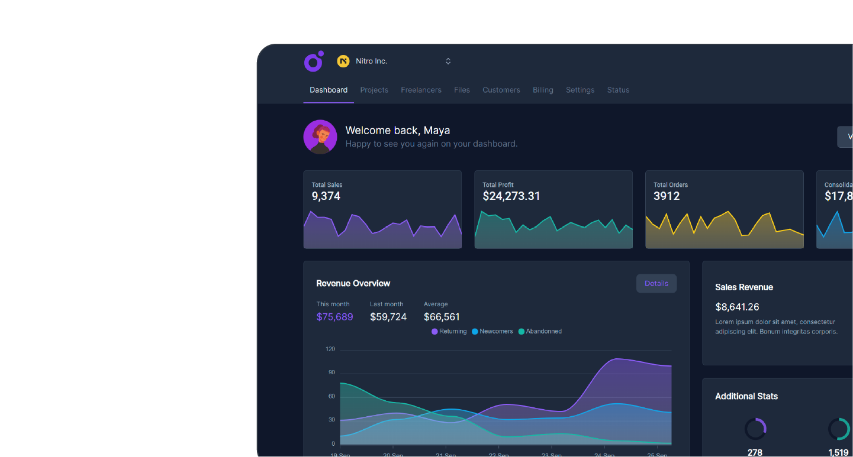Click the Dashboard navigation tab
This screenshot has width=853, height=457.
point(329,90)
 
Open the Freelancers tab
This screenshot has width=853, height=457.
point(421,90)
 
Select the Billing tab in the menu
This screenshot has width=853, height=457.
point(543,90)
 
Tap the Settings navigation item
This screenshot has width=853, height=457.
point(580,90)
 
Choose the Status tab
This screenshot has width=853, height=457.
point(618,90)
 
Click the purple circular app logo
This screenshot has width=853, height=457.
point(314,61)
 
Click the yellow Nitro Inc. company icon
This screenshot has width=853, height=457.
point(343,61)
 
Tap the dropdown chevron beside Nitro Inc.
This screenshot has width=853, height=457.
point(448,61)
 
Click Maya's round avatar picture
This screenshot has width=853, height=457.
point(320,137)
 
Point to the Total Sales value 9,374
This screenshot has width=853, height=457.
point(326,196)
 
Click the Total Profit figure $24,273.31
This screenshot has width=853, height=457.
point(511,196)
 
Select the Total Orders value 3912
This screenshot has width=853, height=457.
point(667,196)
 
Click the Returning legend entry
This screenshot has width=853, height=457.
point(449,331)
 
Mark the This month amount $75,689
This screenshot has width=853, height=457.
point(334,317)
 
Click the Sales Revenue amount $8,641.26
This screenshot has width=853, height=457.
point(737,307)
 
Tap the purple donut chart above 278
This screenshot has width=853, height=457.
point(755,429)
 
